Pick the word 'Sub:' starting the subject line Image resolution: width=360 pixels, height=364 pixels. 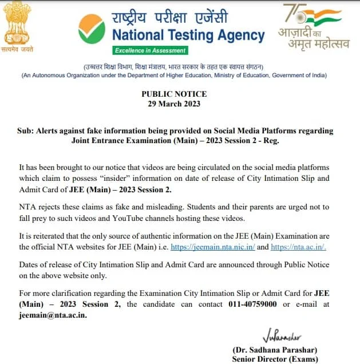coord(26,131)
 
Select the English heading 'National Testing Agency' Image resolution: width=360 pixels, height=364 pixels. coord(188,35)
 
